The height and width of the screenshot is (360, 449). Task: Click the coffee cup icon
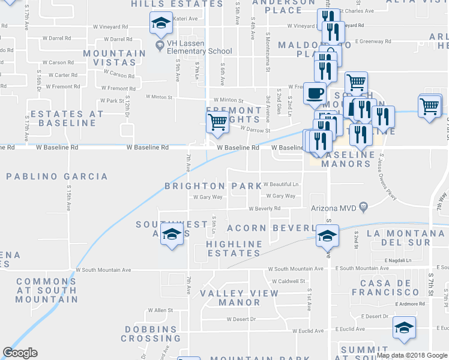tap(315, 93)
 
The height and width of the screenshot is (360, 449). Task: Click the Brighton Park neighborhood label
tap(214, 186)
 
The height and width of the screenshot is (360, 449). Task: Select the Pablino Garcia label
tap(58, 176)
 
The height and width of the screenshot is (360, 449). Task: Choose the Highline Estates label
tap(234, 248)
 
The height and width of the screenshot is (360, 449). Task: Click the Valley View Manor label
tap(239, 298)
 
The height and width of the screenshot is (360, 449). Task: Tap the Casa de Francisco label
tap(389, 287)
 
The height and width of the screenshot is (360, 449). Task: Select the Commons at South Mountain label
tap(47, 290)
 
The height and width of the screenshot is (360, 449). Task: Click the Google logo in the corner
tap(20, 353)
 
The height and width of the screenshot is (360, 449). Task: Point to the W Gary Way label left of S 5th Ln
tap(208, 197)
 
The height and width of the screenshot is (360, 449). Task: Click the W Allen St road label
tap(160, 310)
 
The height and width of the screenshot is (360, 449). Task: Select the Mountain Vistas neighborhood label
tap(114, 58)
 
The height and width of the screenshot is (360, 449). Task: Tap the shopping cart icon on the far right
tap(430, 108)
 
